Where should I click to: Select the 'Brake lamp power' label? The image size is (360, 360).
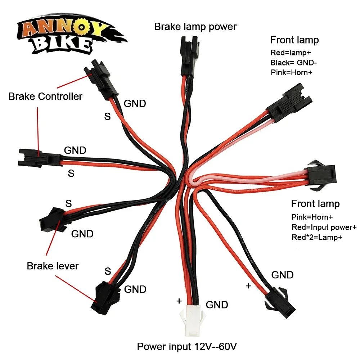[x=195, y=27]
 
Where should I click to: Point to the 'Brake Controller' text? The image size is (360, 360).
[x=45, y=96]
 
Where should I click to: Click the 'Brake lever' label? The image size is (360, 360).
[x=53, y=266]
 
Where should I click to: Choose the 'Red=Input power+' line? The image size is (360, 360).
[x=324, y=227]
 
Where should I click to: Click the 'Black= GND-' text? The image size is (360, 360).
[x=294, y=63]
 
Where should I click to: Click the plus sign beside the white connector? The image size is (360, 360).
[x=179, y=301]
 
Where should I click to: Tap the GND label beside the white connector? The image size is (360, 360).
[x=217, y=305]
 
